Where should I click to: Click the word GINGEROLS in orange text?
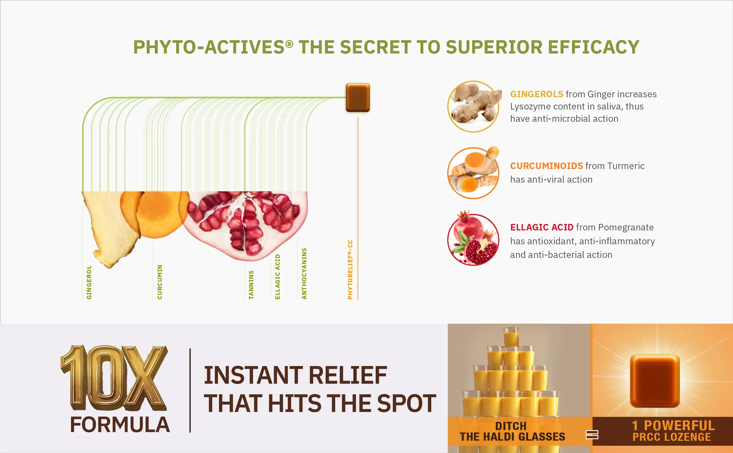537,94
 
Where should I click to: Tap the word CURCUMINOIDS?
546,166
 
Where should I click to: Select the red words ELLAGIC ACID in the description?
542,227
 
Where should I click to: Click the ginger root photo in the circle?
474,106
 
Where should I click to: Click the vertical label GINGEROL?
89,282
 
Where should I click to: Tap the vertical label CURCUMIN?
159,282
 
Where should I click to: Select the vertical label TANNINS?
251,285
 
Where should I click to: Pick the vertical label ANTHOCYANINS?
304,274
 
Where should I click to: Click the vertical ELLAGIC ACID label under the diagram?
278,277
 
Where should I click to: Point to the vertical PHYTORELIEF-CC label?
350,269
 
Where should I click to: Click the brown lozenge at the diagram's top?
358,97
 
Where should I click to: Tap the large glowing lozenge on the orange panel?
655,380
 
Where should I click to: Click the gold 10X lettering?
114,378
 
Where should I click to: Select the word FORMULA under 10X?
120,425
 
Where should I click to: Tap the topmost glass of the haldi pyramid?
511,337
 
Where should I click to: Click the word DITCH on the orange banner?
511,426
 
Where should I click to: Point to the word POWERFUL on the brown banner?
680,426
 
